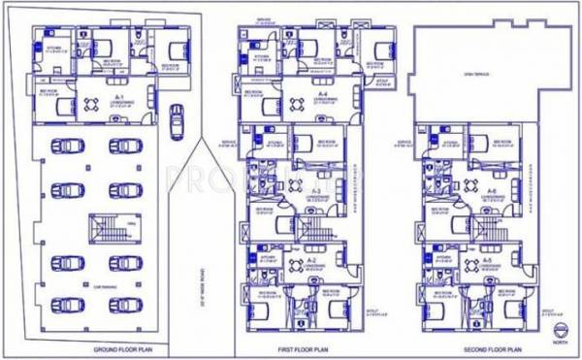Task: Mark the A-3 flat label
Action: click(316, 191)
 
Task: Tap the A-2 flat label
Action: click(312, 262)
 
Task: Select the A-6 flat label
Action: click(492, 190)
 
